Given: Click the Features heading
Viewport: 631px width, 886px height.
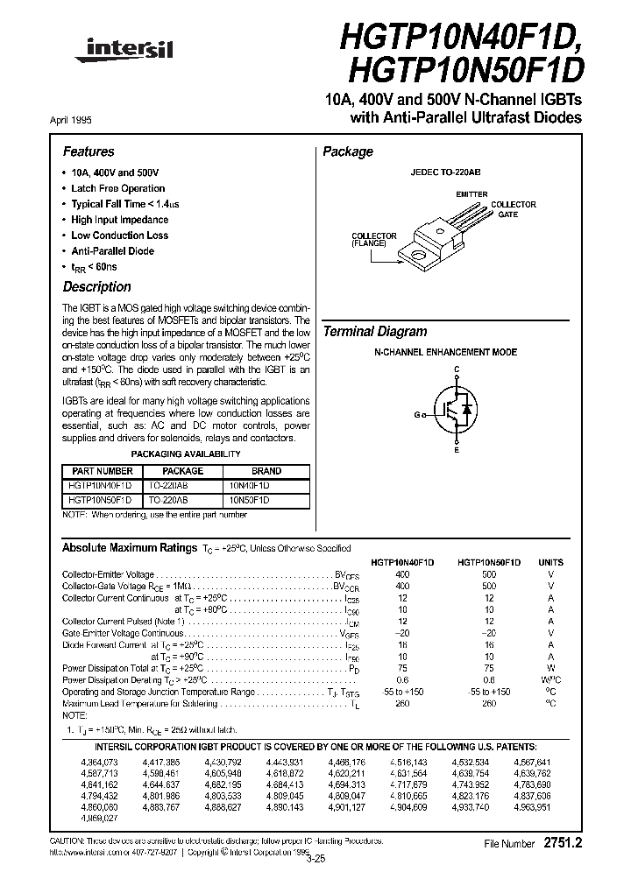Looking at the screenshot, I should point(89,151).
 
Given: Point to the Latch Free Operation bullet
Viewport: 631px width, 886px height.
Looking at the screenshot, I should point(117,188).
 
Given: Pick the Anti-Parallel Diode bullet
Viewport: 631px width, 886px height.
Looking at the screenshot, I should point(112,250).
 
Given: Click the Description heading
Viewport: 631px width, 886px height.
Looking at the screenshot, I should point(96,287).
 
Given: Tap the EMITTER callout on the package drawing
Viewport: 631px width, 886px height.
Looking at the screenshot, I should point(472,193).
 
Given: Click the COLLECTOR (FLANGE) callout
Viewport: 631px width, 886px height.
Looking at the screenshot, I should point(374,239).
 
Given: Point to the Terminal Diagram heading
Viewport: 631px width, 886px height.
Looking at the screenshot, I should point(375,332).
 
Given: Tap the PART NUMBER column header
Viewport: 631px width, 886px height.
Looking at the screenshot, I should point(102,471).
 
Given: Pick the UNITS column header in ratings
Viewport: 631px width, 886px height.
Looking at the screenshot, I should point(551,562).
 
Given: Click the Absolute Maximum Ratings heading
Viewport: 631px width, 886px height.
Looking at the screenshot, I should point(129,547).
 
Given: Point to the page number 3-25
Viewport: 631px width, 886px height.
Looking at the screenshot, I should point(315,859).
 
